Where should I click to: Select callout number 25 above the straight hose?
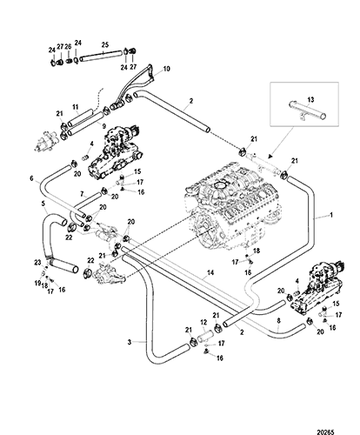tap(105, 44)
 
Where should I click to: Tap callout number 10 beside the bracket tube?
tap(166, 69)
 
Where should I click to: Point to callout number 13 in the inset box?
tap(310, 100)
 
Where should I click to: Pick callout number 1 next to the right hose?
tap(331, 215)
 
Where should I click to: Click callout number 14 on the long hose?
tap(210, 272)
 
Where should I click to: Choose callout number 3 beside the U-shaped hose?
tap(130, 342)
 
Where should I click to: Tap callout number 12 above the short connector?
tap(203, 322)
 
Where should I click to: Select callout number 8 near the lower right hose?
tap(278, 321)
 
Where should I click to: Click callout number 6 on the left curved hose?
tap(32, 178)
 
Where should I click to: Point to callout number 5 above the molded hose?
tap(43, 204)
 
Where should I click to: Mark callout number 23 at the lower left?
tap(37, 263)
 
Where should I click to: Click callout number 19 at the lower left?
tap(37, 283)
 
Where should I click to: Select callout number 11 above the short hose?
tap(76, 107)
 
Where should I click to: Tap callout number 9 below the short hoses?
tap(104, 126)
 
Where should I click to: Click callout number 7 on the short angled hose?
tap(82, 193)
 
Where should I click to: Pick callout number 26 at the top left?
tap(68, 46)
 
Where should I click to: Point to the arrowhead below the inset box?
tap(270, 157)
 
